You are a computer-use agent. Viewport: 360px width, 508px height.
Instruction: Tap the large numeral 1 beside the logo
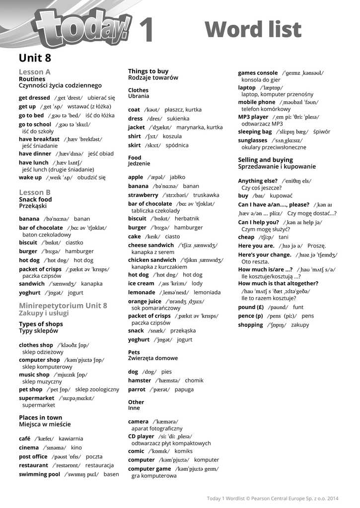(x=145, y=30)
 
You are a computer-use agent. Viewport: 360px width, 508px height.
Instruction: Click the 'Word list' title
(x=253, y=30)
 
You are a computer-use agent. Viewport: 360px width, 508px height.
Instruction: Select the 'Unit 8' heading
(x=35, y=58)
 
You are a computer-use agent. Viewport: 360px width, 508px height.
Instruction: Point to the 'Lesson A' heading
(x=35, y=72)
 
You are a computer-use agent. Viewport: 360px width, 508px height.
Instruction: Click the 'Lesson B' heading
(x=35, y=192)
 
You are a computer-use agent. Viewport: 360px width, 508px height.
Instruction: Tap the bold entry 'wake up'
(x=30, y=178)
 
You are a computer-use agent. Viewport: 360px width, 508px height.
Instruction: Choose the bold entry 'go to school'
(x=35, y=125)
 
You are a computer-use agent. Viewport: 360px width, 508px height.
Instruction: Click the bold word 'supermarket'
(x=37, y=398)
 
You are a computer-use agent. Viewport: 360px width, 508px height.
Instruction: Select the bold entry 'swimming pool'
(x=39, y=474)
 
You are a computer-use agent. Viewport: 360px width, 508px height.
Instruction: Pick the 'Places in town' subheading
(x=41, y=418)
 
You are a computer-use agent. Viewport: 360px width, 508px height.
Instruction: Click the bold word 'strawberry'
(x=144, y=195)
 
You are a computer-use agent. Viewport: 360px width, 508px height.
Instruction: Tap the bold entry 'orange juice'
(x=144, y=301)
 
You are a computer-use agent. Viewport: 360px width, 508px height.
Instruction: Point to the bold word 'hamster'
(x=140, y=381)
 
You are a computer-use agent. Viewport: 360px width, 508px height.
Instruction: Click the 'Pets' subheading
(x=134, y=352)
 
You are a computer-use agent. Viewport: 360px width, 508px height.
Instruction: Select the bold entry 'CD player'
(x=141, y=437)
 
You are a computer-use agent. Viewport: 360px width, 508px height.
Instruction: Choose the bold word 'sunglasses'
(x=253, y=140)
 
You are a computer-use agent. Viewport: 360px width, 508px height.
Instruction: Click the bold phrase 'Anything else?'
(x=257, y=181)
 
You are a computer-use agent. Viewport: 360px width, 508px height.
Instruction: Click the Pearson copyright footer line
(x=273, y=498)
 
